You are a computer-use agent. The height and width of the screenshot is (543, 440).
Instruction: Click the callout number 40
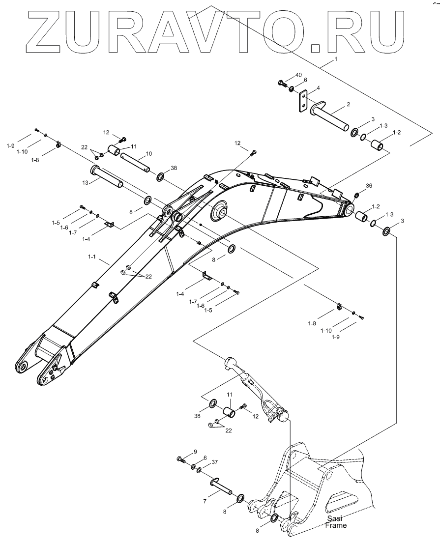pyautogui.click(x=299, y=75)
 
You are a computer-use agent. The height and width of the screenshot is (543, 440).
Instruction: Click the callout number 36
pyautogui.click(x=369, y=186)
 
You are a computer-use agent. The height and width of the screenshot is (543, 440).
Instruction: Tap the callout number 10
pyautogui.click(x=149, y=154)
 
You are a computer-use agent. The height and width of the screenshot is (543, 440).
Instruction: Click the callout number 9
pyautogui.click(x=195, y=451)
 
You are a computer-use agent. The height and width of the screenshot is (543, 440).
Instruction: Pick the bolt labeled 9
pyautogui.click(x=180, y=459)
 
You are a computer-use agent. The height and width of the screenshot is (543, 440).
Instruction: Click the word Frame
pyautogui.click(x=336, y=525)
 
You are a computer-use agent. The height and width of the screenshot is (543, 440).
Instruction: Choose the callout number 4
pyautogui.click(x=318, y=88)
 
